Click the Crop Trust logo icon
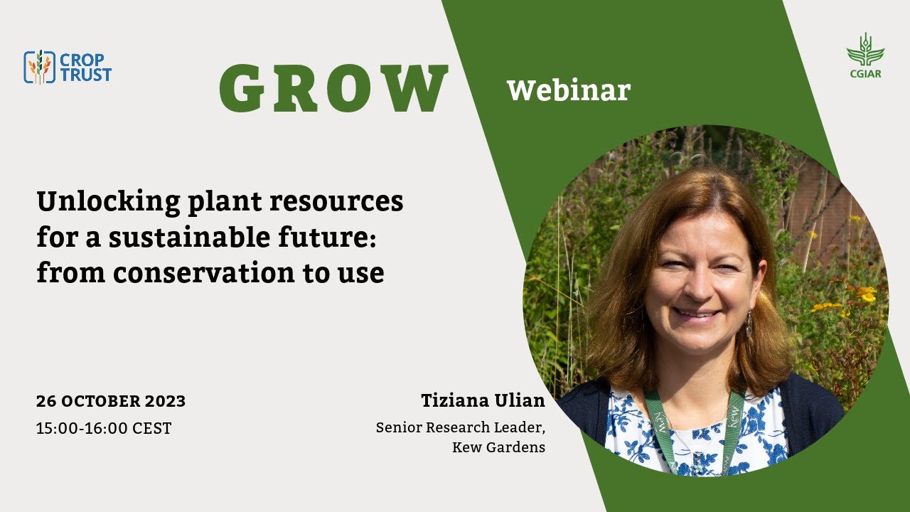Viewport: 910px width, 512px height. click(40, 67)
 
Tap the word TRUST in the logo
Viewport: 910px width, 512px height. click(86, 75)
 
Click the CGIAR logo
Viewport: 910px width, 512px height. click(864, 55)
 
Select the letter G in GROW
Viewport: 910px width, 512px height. click(245, 90)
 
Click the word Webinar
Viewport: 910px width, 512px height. click(568, 90)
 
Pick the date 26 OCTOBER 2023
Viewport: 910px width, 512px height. click(111, 401)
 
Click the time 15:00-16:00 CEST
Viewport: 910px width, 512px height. click(104, 429)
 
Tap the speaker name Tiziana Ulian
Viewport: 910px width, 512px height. click(483, 400)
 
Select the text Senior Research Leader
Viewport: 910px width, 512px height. click(460, 427)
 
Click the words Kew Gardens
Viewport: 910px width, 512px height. click(498, 447)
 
